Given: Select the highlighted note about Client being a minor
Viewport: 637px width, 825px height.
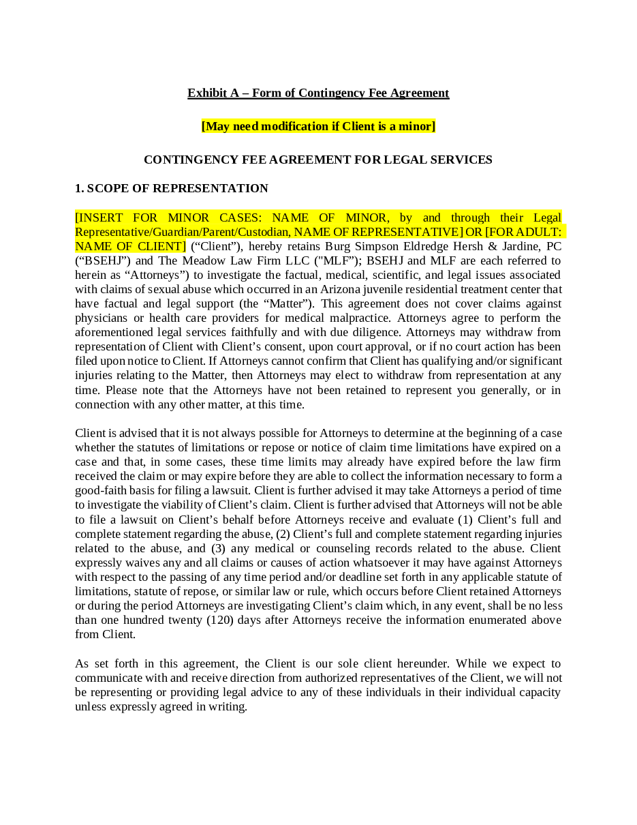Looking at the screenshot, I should (318, 126).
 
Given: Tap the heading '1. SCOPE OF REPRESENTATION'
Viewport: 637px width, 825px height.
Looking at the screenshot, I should (172, 188).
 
